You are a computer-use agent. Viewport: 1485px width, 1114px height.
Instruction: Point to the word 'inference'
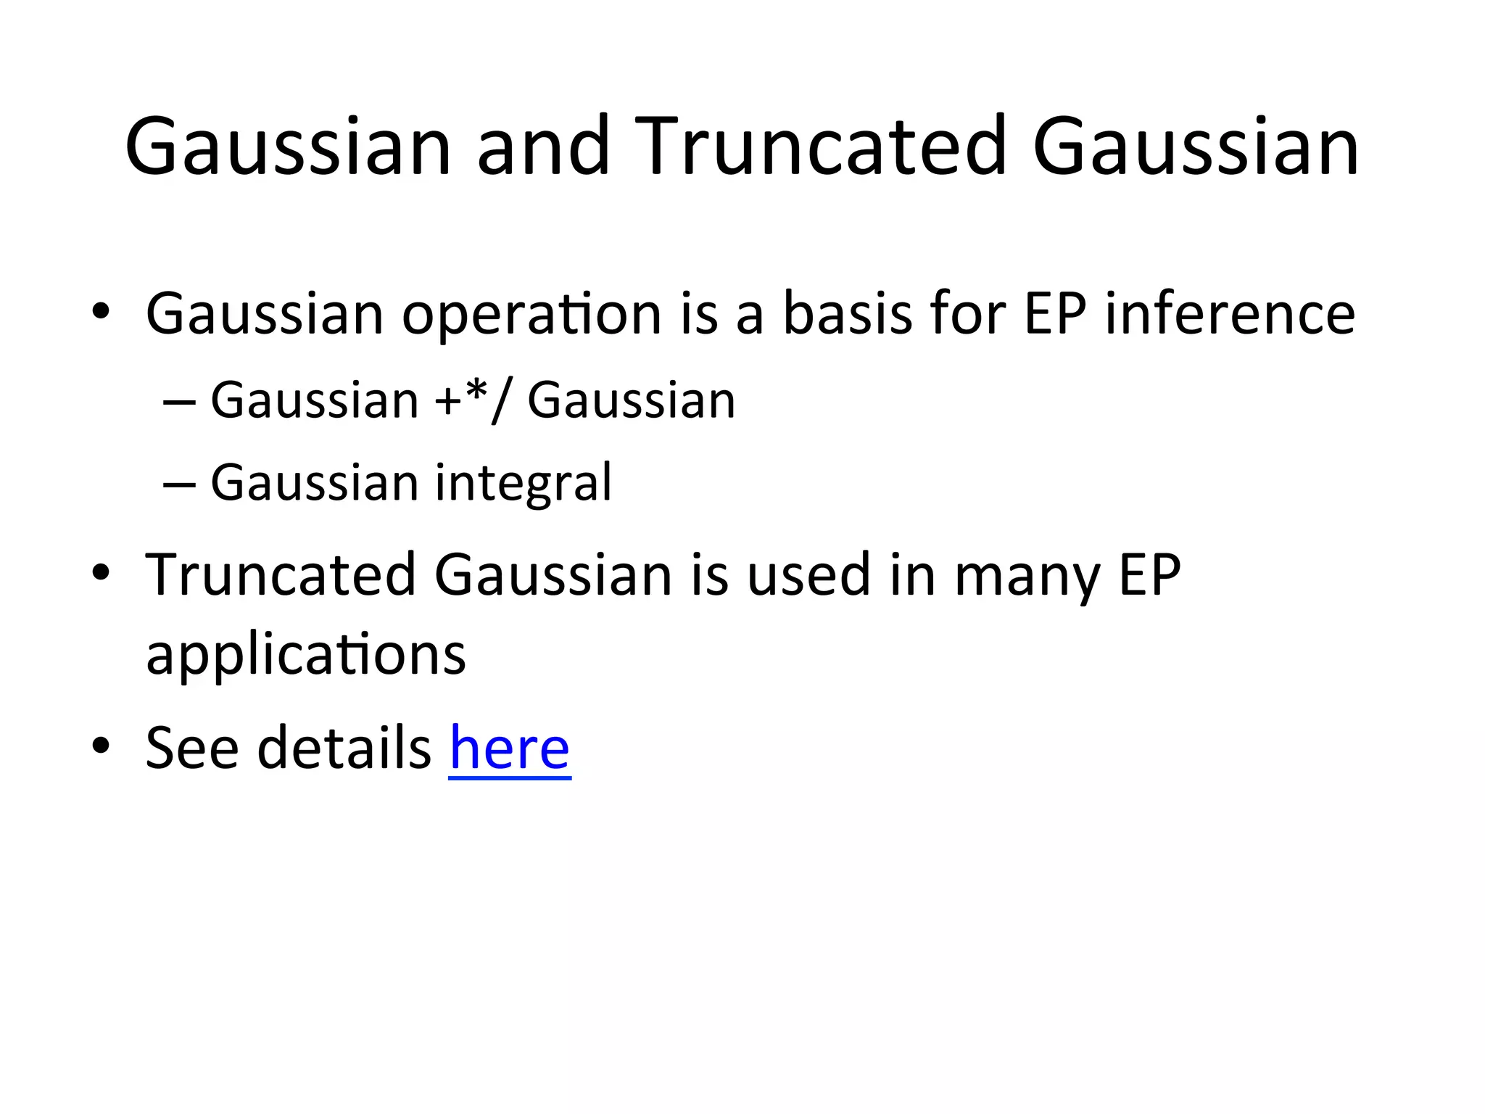tap(1230, 313)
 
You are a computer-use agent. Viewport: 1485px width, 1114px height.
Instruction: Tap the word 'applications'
tap(305, 655)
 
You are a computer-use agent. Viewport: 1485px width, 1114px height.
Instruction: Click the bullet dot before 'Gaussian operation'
tap(101, 312)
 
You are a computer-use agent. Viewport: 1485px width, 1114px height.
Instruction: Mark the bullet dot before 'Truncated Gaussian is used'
tap(101, 573)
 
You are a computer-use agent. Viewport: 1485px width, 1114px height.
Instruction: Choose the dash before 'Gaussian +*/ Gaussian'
tap(179, 401)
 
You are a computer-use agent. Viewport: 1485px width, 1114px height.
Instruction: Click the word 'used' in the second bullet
tap(808, 575)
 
